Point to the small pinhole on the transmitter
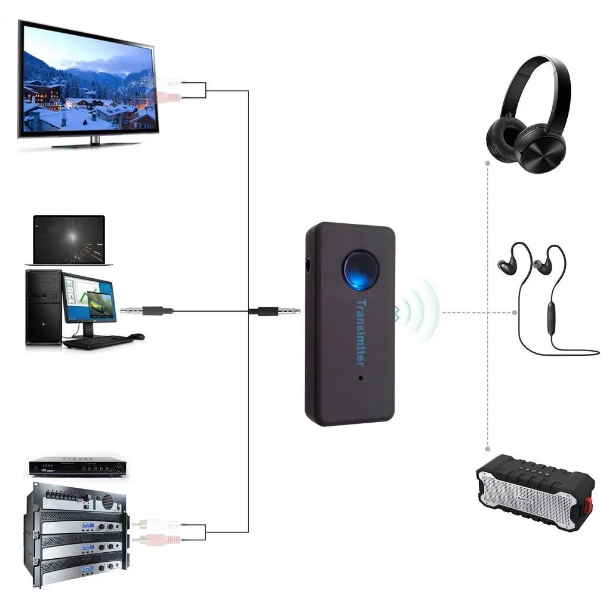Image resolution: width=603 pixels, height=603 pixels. (361, 378)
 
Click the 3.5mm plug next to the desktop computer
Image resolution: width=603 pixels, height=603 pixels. (146, 310)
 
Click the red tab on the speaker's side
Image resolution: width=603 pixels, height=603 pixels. (587, 505)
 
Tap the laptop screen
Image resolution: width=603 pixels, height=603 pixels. (69, 238)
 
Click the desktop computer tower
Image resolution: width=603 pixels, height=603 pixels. (43, 307)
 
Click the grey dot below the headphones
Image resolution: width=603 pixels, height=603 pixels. (488, 162)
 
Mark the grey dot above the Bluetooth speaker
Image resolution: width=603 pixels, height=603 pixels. (488, 448)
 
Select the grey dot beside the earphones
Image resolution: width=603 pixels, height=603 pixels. (515, 312)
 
